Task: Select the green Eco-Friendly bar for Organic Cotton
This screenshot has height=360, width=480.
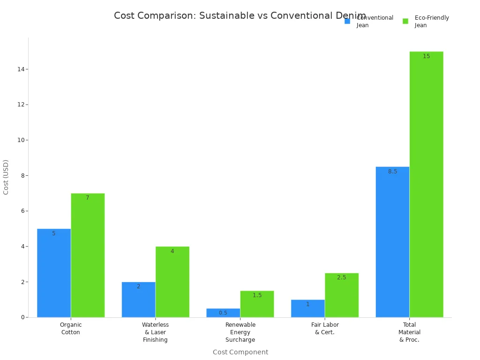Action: (x=88, y=255)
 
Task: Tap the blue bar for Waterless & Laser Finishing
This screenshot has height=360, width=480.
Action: (x=138, y=300)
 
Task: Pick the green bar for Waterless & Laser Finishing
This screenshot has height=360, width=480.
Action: (x=172, y=282)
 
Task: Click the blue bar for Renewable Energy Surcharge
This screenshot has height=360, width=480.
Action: (x=223, y=313)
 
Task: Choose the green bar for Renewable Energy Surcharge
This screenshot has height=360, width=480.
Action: (x=257, y=304)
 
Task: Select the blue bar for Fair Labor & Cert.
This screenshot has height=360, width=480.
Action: (x=307, y=308)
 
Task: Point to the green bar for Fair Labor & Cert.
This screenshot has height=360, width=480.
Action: (x=341, y=295)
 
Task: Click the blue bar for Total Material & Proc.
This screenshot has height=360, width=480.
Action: (x=392, y=242)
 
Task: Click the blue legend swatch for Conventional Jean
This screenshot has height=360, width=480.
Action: (x=347, y=21)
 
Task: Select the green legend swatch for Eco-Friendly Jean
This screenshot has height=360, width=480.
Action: (x=405, y=21)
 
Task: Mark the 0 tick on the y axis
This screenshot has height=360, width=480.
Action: (x=22, y=317)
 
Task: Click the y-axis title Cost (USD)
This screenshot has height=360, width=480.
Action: (x=6, y=177)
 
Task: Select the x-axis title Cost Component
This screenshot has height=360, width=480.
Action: (x=240, y=352)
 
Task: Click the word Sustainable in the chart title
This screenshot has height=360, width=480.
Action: (x=227, y=15)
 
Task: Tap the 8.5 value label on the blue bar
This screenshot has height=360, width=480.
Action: (x=392, y=172)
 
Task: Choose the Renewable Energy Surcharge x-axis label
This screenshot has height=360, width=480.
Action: (x=240, y=332)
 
